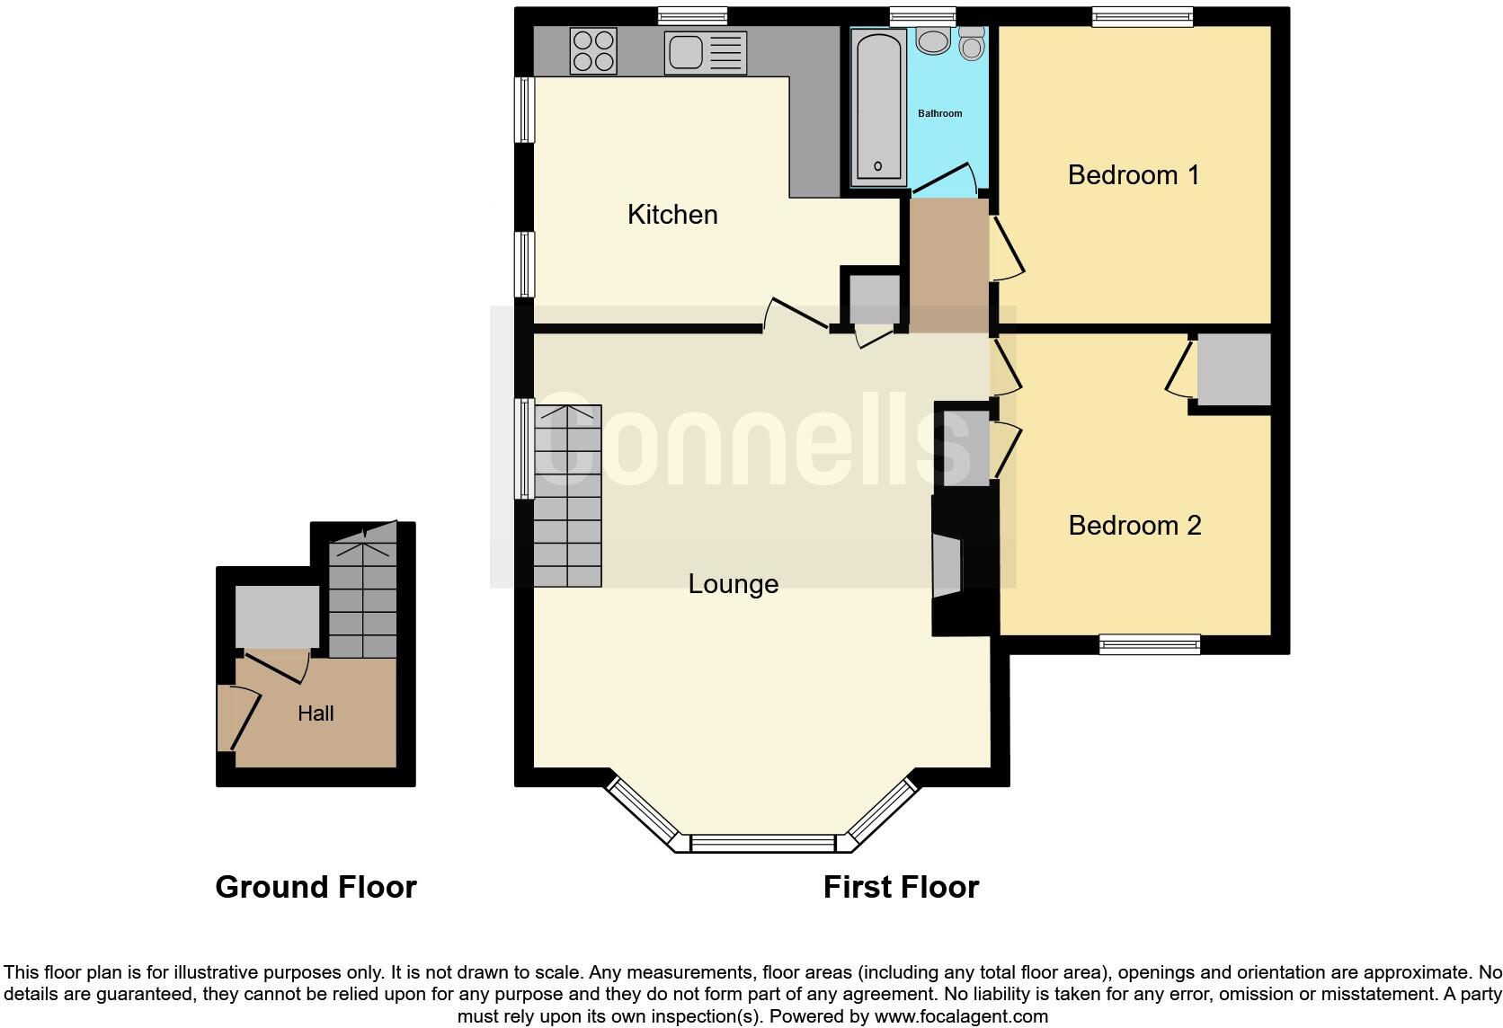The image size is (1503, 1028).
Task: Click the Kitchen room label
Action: pos(672,215)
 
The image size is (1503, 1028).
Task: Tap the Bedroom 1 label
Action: pos(1133,175)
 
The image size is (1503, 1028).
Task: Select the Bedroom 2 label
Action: pos(1134,526)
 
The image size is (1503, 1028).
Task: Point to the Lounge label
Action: pos(733,584)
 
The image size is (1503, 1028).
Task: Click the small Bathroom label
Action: pos(939,114)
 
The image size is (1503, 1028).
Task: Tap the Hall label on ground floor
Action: pos(316,713)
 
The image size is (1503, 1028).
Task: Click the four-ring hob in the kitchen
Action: pos(593,50)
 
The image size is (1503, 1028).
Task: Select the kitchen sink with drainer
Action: pos(706,52)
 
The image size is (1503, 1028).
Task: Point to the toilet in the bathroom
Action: pos(971,43)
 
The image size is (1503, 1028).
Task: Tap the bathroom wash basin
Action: pos(931,41)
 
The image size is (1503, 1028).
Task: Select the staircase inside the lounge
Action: pos(567,497)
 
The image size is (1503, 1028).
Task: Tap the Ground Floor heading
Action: pos(316,887)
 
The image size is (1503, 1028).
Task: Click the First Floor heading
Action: pos(900,887)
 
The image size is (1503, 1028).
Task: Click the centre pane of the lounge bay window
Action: pos(762,844)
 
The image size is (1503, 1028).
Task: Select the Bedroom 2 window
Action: pos(1149,643)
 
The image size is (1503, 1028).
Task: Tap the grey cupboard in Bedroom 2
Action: pos(1232,369)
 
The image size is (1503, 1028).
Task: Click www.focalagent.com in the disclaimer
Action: pos(961,1017)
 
